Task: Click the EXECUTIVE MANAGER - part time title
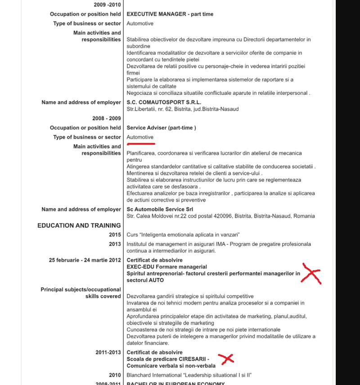coord(170,14)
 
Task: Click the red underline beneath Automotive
coord(141,144)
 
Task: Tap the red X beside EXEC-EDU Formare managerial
coord(311,273)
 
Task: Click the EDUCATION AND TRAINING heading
coord(79,225)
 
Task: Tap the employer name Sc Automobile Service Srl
coord(160,210)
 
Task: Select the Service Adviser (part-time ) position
coord(161,128)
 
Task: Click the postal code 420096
coord(207,216)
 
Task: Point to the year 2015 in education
coord(115,235)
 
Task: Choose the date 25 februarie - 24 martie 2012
coord(85,260)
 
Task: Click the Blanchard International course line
coord(189,375)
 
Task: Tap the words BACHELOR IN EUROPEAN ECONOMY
coord(175,383)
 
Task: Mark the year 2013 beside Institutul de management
coord(115,244)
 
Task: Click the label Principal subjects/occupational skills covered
coord(81,293)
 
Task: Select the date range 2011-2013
coord(108,352)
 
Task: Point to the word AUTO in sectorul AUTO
coord(157,280)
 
